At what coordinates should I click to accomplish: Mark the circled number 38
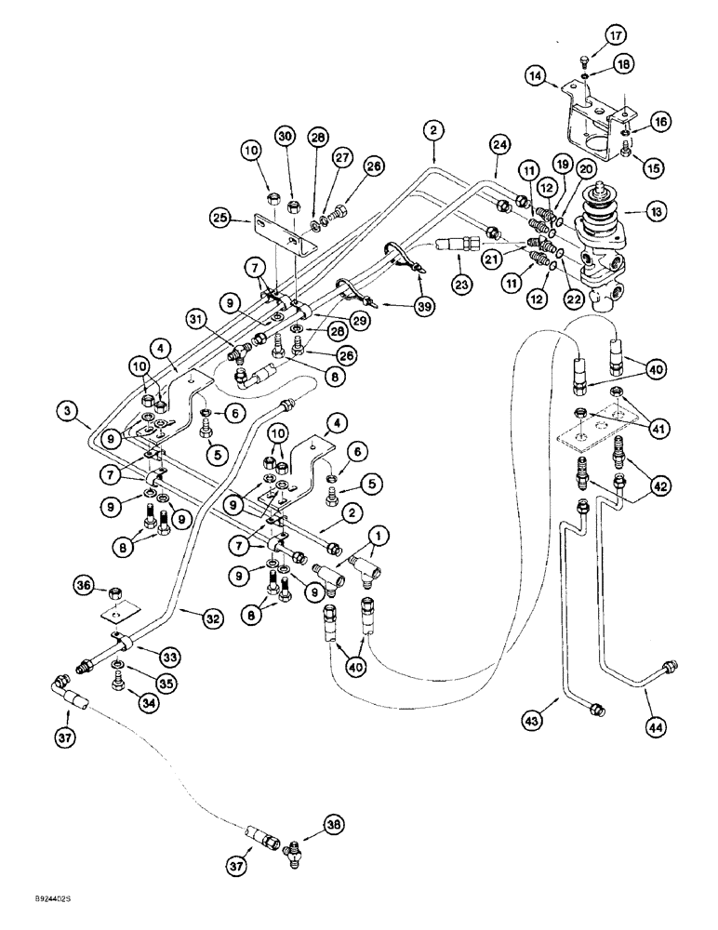pos(334,824)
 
